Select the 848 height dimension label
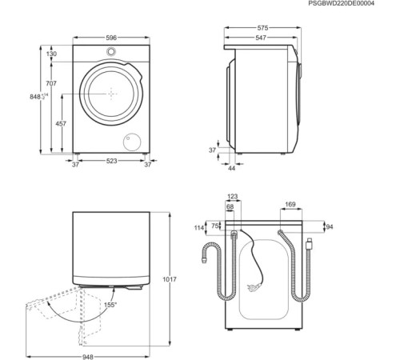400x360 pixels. coord(35,97)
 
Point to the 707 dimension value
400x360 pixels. coord(50,84)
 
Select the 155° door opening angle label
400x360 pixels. coord(110,304)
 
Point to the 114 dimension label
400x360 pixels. coord(200,227)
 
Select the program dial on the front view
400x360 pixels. coord(111,51)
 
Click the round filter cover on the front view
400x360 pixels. coord(128,142)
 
